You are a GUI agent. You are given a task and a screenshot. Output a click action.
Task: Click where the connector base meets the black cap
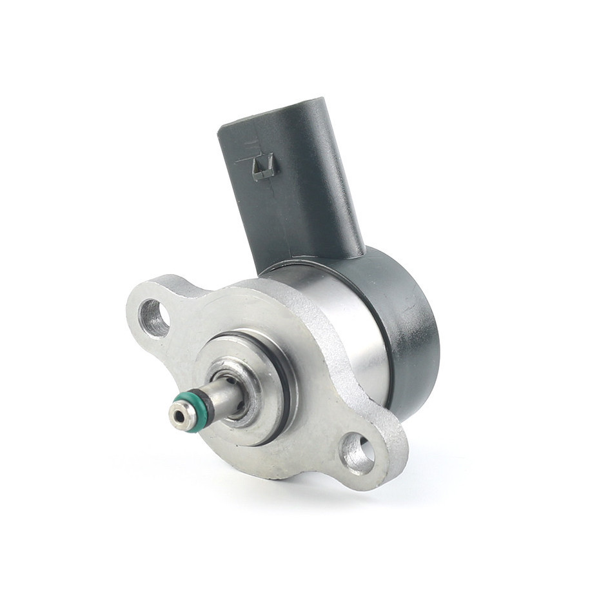click(x=310, y=258)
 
